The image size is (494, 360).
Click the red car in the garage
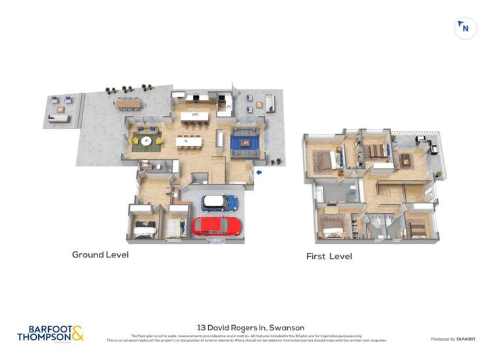(x=217, y=226)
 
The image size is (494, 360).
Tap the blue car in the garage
(x=220, y=203)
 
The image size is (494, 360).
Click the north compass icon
(x=465, y=28)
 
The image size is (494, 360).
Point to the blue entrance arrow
(x=259, y=172)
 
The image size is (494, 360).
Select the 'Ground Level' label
(x=100, y=255)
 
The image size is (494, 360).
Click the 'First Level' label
(x=329, y=256)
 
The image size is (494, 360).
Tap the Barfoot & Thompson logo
(x=51, y=333)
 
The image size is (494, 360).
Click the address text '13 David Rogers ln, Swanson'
(x=250, y=327)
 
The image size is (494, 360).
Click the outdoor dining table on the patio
(x=128, y=104)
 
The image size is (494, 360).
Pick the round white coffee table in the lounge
(x=146, y=140)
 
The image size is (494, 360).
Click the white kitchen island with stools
(x=194, y=117)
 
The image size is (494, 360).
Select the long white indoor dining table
(x=188, y=140)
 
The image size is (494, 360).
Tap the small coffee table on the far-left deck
(x=59, y=110)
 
